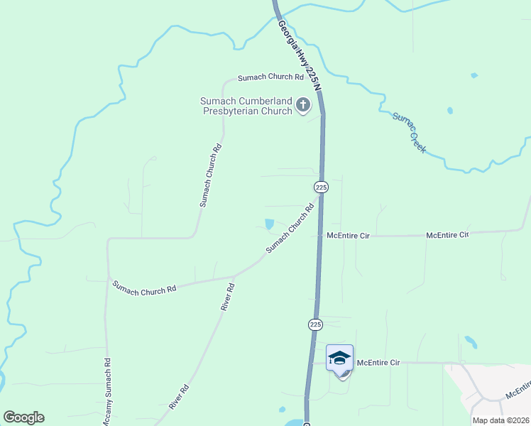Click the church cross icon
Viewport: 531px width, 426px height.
(303, 106)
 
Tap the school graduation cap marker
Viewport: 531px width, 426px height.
(339, 357)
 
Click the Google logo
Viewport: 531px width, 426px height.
(23, 417)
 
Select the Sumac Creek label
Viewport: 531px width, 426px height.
(409, 131)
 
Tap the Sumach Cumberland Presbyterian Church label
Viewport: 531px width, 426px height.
(246, 106)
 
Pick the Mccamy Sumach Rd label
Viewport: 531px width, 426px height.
(107, 391)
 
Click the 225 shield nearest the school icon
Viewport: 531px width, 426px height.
(316, 324)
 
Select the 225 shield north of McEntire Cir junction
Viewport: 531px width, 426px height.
(321, 187)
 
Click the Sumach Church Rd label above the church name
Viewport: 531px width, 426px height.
(265, 77)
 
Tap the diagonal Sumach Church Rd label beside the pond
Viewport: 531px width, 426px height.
(290, 229)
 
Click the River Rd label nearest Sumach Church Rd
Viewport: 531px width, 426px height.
(227, 297)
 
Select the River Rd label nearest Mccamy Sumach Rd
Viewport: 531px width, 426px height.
(180, 398)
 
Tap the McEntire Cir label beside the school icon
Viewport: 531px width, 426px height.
(378, 363)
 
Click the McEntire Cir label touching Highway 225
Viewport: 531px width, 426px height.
(349, 234)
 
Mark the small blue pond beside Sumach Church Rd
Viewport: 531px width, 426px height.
(269, 224)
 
